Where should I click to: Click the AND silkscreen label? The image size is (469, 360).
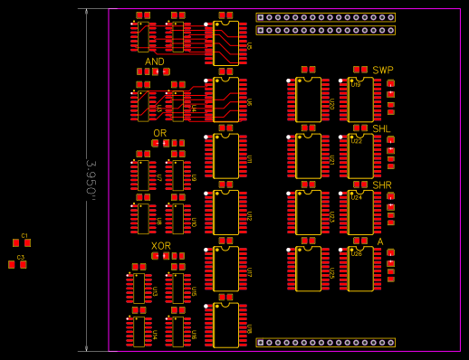(155, 62)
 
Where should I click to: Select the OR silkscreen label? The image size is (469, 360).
(159, 133)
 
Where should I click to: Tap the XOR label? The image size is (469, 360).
(161, 246)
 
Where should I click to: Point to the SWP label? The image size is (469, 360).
(383, 71)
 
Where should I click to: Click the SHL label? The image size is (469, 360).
(382, 128)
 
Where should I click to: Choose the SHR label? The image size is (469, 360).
(382, 185)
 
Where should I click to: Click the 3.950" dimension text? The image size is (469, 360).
(91, 179)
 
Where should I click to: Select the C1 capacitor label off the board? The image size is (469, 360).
(24, 235)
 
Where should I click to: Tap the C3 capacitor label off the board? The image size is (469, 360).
(21, 257)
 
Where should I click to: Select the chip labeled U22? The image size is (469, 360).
(360, 156)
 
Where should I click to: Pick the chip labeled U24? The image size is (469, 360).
(360, 213)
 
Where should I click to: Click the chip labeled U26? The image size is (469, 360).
(360, 269)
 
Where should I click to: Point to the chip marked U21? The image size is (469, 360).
(308, 156)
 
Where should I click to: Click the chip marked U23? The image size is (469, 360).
(308, 213)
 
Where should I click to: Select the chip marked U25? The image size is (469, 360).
(308, 269)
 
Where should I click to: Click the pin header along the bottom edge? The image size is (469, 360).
(326, 343)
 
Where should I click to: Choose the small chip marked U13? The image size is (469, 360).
(139, 289)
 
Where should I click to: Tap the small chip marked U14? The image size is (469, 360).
(139, 331)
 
